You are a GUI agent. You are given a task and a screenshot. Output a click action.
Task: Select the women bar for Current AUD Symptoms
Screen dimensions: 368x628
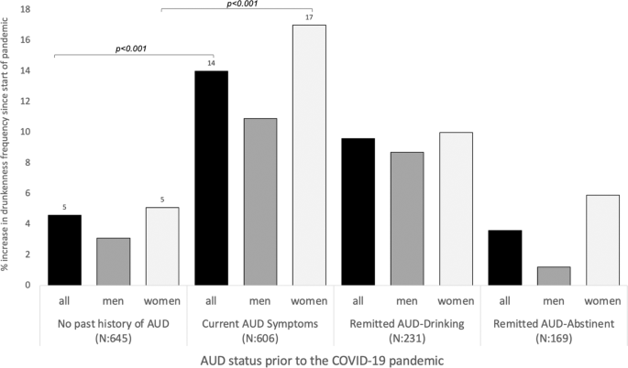310,155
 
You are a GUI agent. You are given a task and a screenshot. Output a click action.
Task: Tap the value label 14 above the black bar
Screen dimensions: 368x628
212,63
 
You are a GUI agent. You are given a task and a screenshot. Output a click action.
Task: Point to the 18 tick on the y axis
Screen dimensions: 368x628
28,9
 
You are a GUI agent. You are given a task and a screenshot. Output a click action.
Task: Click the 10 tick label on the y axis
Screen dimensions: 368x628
28,132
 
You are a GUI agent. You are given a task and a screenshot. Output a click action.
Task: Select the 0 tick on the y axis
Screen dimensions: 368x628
30,285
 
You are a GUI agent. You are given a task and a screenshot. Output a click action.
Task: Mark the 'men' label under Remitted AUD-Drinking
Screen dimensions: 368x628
407,299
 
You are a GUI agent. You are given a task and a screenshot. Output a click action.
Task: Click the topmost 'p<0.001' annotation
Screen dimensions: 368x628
241,5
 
